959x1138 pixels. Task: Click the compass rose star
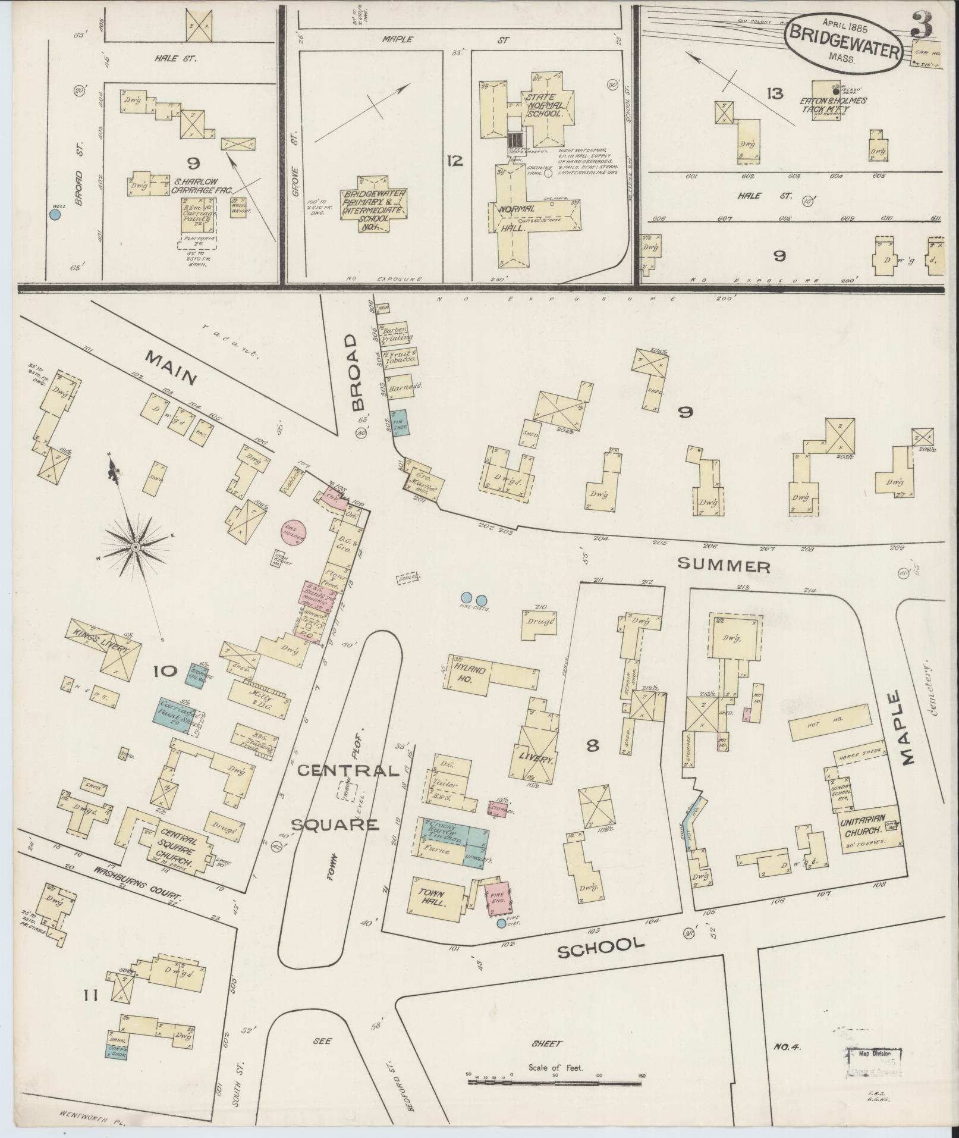137,546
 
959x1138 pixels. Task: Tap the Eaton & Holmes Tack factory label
829,105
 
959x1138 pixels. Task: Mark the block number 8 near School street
592,745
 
